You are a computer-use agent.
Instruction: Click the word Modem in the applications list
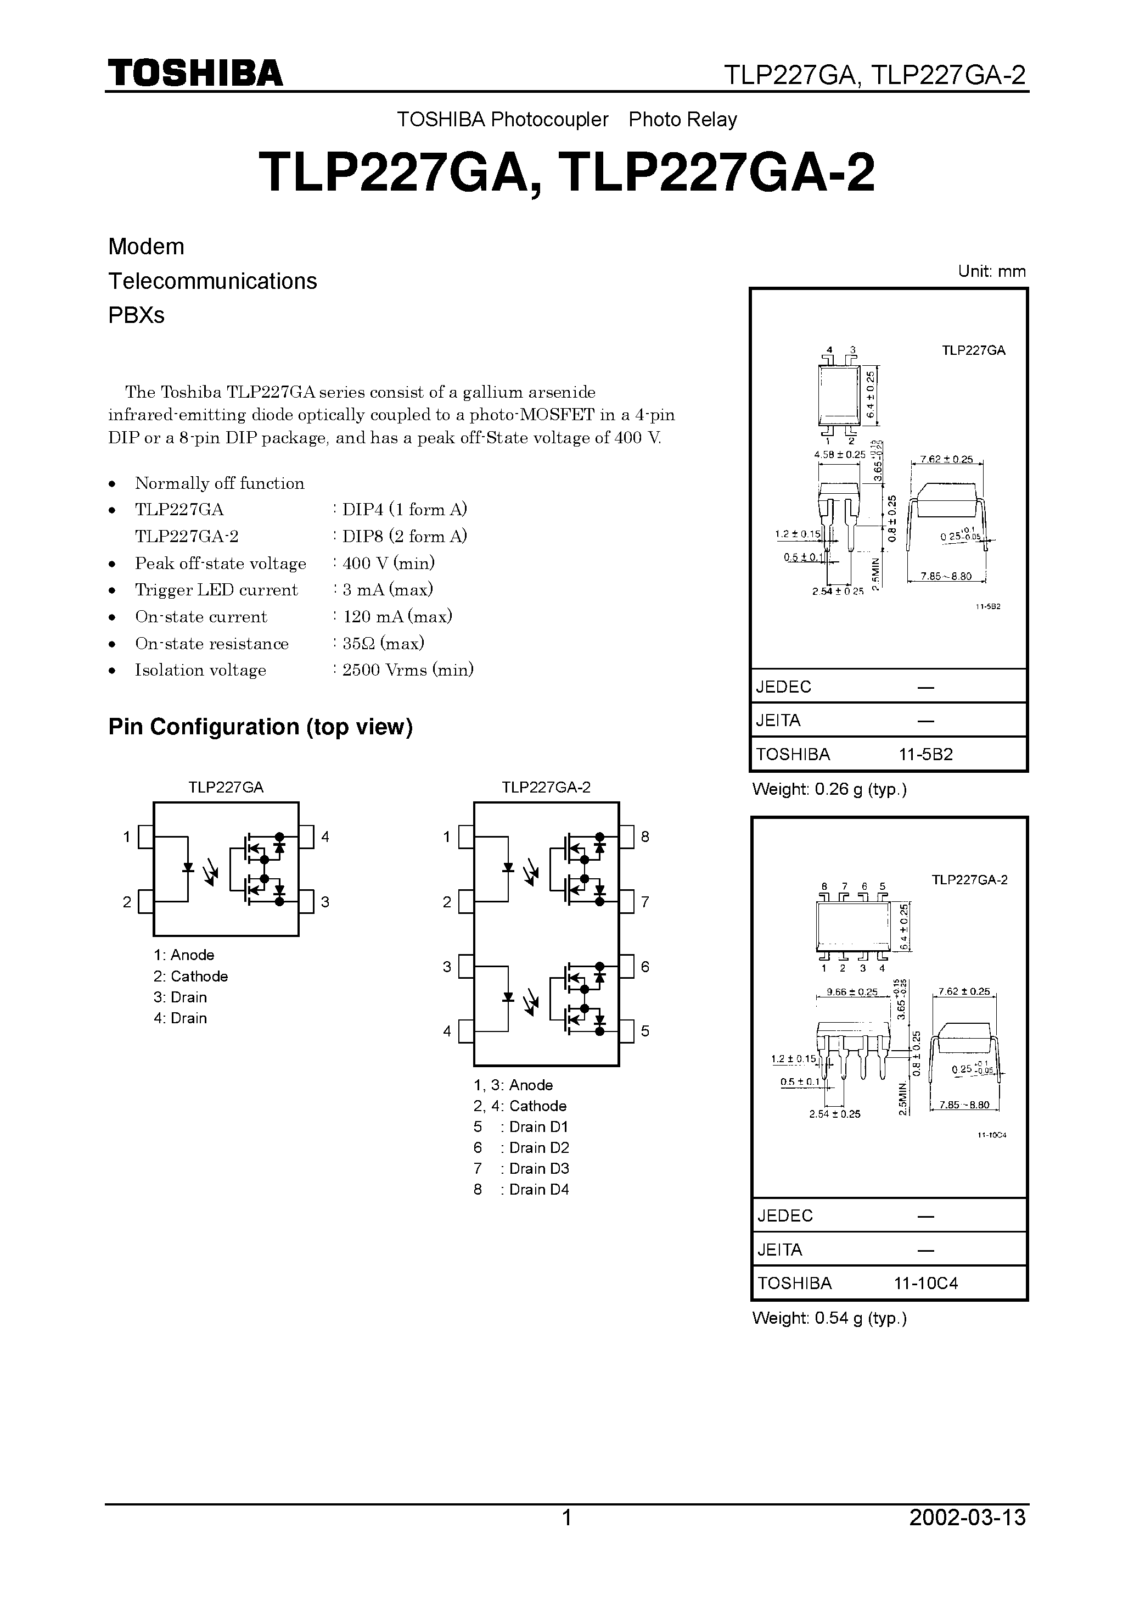point(146,247)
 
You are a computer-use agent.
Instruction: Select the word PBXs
point(136,315)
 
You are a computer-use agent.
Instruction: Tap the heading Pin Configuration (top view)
point(260,727)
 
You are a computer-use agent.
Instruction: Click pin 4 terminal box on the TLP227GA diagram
point(306,837)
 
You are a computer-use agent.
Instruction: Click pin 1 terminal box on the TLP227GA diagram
point(145,837)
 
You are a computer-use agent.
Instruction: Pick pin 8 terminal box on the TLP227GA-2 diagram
point(626,837)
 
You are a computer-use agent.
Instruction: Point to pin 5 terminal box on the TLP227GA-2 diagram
point(626,1031)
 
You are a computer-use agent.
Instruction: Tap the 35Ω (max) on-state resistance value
point(383,644)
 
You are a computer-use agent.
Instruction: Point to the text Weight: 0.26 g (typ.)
point(829,790)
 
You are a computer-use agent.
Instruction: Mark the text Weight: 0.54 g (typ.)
point(829,1319)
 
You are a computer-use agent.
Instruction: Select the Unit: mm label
point(991,271)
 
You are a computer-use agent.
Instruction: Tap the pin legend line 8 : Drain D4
point(521,1189)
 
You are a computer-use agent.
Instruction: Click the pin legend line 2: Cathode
point(191,977)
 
